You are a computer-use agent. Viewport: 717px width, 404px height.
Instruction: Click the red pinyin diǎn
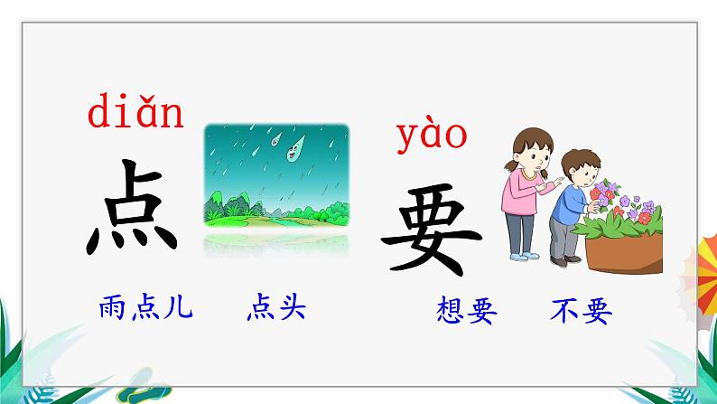point(135,115)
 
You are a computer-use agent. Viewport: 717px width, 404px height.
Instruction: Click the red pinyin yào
point(432,136)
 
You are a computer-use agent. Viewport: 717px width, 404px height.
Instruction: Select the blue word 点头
point(276,309)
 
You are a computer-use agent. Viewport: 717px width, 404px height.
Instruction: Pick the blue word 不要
point(580,311)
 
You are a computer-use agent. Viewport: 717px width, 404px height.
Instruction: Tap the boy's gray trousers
point(563,240)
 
